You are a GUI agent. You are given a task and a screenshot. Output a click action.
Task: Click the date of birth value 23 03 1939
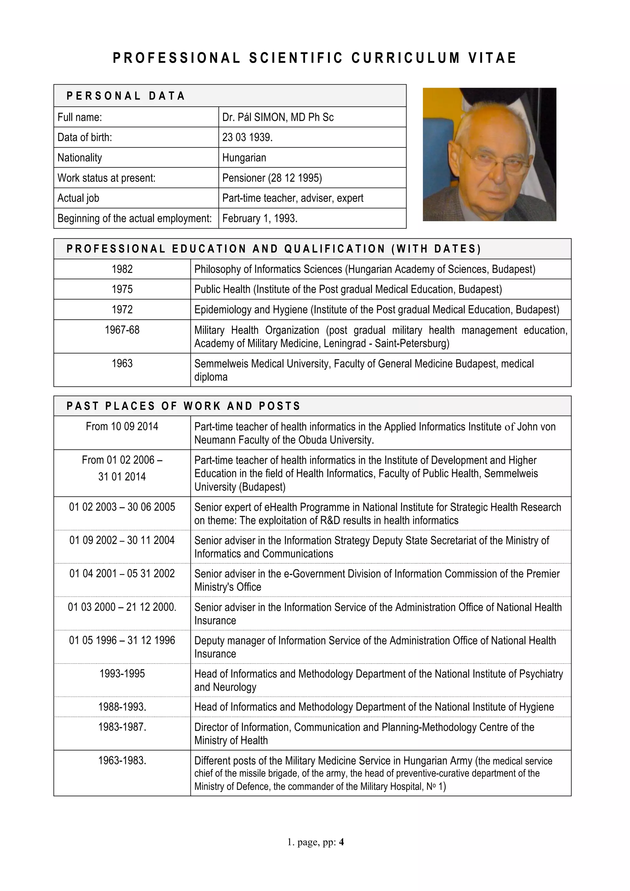coord(247,138)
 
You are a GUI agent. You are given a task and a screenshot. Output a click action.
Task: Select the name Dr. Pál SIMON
coord(254,117)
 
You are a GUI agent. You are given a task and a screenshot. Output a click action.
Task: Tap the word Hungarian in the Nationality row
coord(244,158)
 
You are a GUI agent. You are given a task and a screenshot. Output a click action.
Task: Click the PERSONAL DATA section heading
coord(126,96)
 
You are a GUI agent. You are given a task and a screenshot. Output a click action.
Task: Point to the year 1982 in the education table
coord(122,269)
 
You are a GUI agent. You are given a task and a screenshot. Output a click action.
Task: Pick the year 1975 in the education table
coord(122,289)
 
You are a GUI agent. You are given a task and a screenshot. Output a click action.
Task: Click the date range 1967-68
coord(122,330)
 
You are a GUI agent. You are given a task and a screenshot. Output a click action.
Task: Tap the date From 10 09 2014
coord(122,426)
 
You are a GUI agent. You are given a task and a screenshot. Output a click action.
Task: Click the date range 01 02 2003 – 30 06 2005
coord(122,507)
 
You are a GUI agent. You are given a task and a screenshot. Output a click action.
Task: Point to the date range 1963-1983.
coord(122,760)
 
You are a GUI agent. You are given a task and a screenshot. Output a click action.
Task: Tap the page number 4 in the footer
coord(341,842)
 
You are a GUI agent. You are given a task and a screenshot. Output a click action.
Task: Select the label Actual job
coord(78,198)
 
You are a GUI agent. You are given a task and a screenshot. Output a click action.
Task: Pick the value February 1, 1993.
coord(260,218)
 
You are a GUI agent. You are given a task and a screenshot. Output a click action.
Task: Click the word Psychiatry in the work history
coord(541,674)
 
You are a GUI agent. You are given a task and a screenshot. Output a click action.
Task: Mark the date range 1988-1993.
coord(122,707)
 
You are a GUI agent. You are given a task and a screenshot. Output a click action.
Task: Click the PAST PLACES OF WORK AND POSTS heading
coord(183,406)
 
